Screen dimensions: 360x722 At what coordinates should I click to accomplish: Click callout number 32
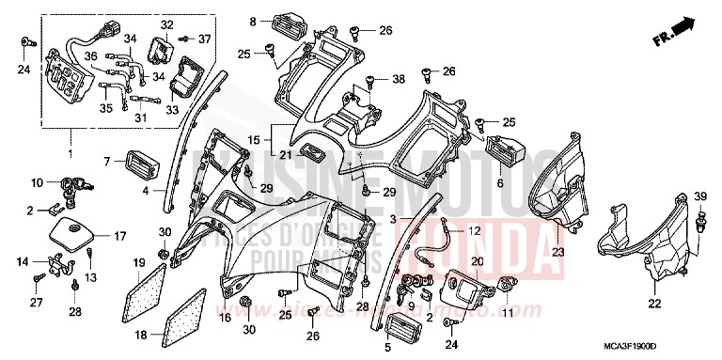pos(166,23)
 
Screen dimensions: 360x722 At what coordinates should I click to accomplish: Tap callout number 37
pos(204,39)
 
